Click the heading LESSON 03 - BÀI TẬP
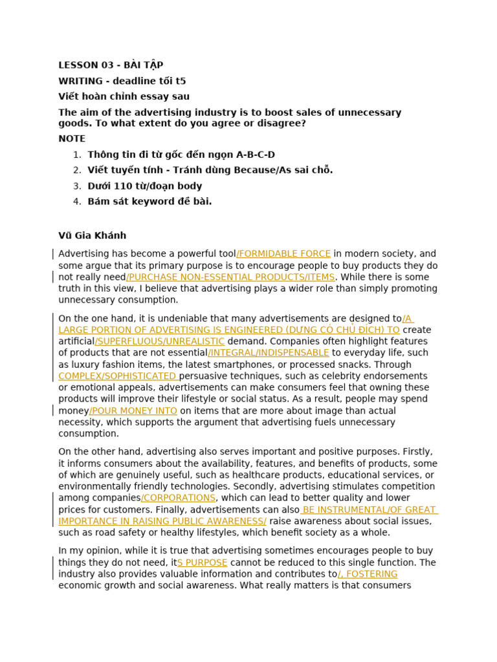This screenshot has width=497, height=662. [x=111, y=65]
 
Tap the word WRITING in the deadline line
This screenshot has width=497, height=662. [x=80, y=81]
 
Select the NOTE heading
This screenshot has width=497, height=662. [x=72, y=138]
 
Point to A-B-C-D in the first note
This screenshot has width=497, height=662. [x=255, y=155]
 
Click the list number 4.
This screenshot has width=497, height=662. [x=77, y=202]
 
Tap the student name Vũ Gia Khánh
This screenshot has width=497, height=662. [x=93, y=235]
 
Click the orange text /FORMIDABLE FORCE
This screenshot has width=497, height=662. [x=283, y=254]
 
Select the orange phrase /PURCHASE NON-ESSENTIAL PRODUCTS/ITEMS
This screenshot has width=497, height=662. [x=230, y=277]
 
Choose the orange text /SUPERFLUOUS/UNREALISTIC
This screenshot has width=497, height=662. [x=160, y=341]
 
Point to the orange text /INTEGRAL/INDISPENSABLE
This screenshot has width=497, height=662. [x=269, y=353]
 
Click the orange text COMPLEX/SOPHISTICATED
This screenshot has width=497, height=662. [x=118, y=376]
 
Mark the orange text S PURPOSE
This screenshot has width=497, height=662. [x=203, y=563]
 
